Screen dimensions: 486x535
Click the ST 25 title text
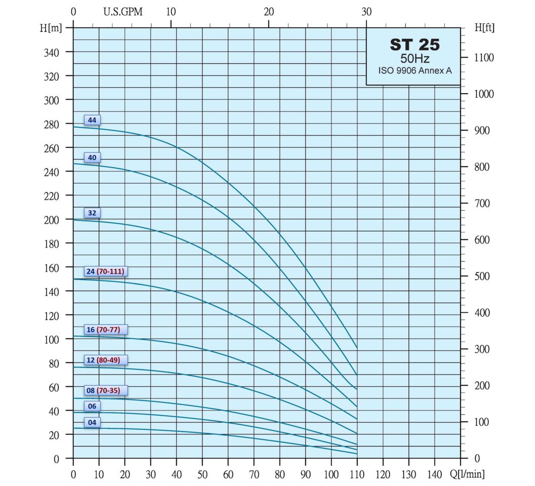coord(415,45)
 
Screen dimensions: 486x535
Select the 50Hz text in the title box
coord(415,58)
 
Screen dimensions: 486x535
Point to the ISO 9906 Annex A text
coord(415,71)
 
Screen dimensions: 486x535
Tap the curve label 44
coord(92,120)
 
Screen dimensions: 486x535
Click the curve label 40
coord(92,157)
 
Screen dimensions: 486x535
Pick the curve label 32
coord(92,213)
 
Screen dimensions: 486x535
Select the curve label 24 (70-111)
coord(105,271)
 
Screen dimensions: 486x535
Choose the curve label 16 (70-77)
coord(103,330)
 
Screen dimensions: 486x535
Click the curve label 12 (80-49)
coord(103,360)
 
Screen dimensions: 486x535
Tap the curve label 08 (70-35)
coord(103,390)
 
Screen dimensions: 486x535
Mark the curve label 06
coord(92,406)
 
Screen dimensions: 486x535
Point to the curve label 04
coord(92,422)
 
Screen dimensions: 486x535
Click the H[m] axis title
coord(51,28)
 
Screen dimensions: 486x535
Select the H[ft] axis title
coord(484,28)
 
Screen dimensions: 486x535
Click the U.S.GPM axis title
coord(123,12)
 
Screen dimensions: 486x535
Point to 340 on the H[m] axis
coord(52,52)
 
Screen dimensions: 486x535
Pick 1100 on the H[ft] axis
coord(484,58)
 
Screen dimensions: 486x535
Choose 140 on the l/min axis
coord(434,474)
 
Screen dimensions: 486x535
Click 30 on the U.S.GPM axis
coord(366,12)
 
